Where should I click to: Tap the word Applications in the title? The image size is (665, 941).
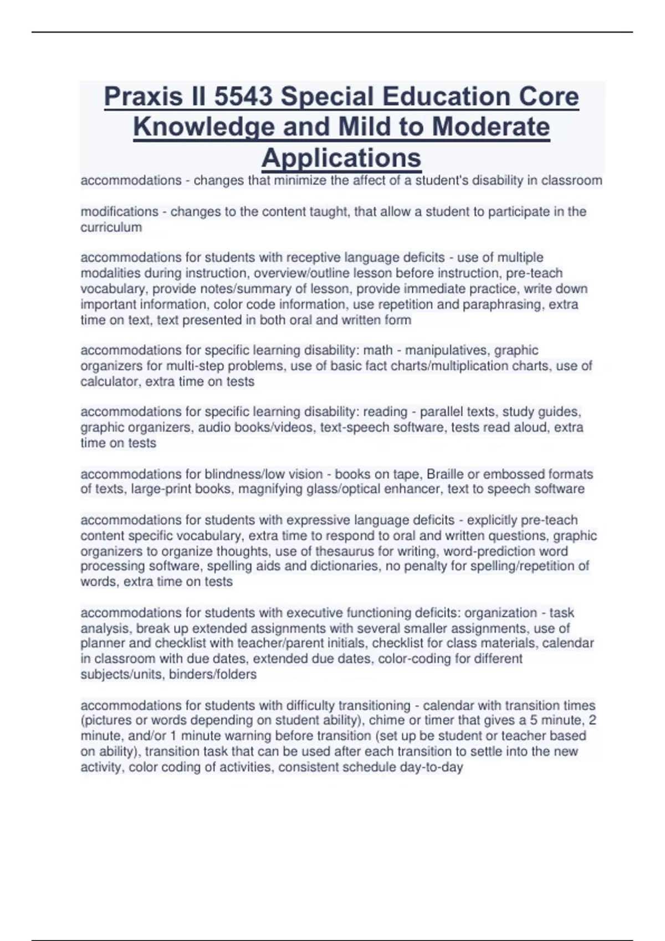coord(341,158)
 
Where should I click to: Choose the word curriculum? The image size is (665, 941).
coord(111,228)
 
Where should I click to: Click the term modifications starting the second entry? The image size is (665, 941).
coord(120,211)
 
